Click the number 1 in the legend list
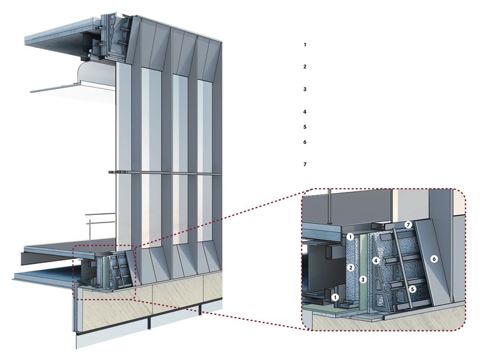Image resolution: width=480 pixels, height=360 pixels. coord(305,45)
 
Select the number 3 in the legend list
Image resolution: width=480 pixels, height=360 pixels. coord(305,90)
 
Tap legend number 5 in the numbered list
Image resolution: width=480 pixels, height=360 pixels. coord(305,127)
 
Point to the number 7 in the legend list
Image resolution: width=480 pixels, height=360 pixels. coord(305,165)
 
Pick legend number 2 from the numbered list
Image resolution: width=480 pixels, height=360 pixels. coord(305,67)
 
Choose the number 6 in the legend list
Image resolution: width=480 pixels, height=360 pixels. coord(305,142)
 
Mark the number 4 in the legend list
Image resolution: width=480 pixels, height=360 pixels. coord(305,112)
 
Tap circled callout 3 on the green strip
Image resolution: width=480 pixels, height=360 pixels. coord(363,279)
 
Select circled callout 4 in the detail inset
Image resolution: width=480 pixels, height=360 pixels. coord(377,261)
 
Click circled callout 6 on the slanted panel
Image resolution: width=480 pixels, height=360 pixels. coord(434,259)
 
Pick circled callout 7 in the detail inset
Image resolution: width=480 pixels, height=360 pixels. coord(407,226)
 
